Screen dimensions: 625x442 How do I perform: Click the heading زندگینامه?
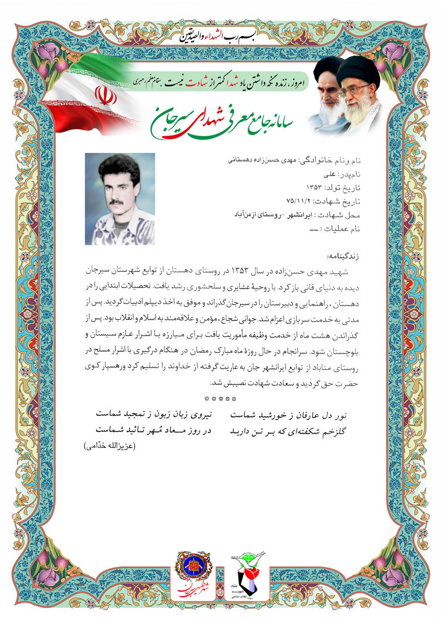[x=343, y=256]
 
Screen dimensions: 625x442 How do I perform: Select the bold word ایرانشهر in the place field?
[x=300, y=215]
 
